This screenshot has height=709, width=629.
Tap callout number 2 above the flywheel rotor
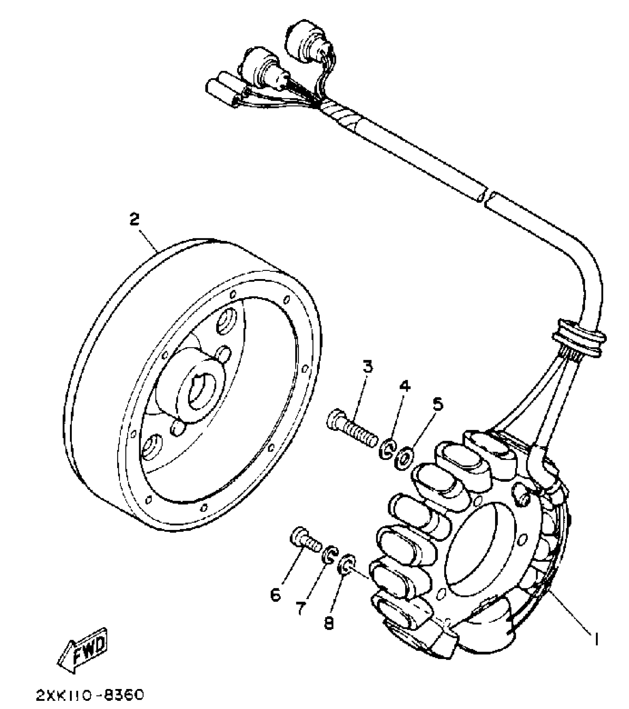coord(134,220)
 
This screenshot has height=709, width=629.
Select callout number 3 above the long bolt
coord(367,367)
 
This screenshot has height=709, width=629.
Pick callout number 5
coord(437,404)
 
